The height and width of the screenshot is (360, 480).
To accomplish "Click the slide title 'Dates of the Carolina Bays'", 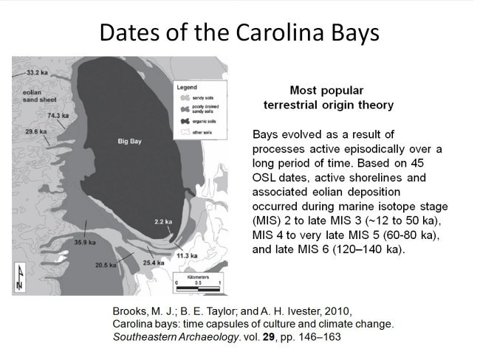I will [x=239, y=32].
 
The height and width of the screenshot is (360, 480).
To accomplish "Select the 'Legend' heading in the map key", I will [x=187, y=87].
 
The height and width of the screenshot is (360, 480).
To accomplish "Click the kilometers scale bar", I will [x=198, y=281].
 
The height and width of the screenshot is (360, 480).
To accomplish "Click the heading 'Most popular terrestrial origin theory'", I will [x=328, y=97].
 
